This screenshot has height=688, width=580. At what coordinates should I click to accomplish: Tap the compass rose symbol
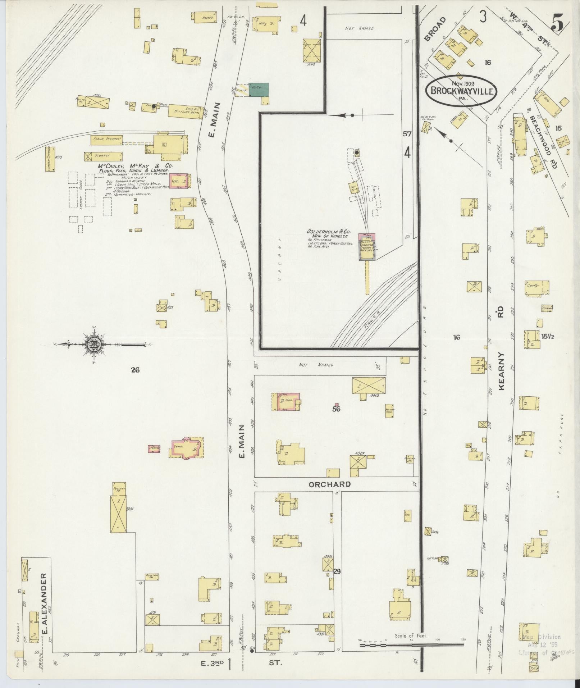(x=95, y=344)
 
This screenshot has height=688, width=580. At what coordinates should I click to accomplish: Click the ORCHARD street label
(x=330, y=484)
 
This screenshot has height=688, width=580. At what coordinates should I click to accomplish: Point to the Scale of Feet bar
(x=412, y=645)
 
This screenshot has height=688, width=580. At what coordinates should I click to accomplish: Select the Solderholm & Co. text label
(x=328, y=232)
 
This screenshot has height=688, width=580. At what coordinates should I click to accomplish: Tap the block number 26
(x=135, y=370)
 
